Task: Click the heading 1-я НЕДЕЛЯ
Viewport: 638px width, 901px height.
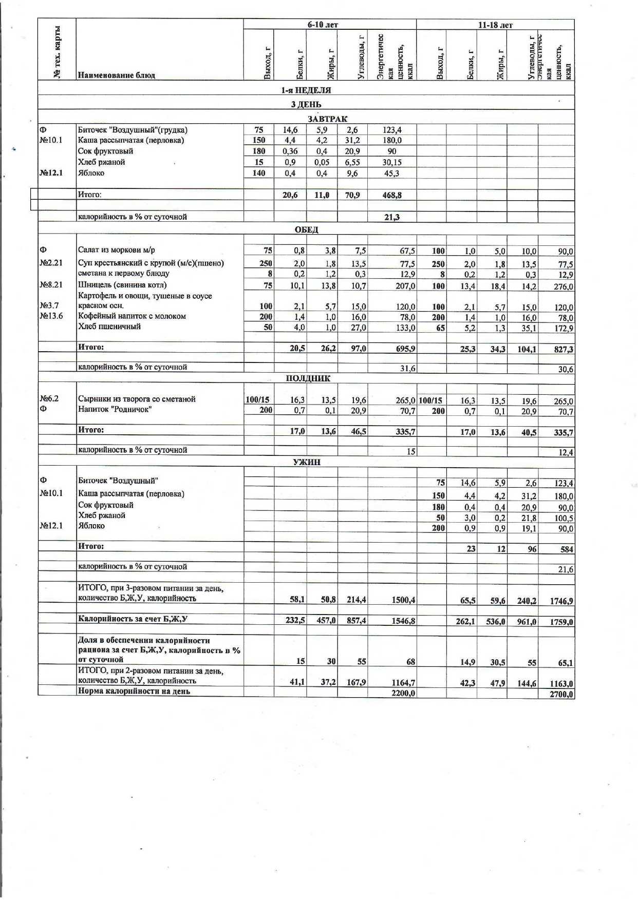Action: click(x=306, y=90)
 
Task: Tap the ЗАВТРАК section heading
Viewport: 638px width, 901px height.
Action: click(x=327, y=119)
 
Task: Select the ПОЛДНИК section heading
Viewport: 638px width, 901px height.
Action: click(x=308, y=378)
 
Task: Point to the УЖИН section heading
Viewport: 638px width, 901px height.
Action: click(x=307, y=462)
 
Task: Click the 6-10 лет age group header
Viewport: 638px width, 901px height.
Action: click(x=323, y=25)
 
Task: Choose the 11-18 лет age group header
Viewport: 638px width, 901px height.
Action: click(x=495, y=25)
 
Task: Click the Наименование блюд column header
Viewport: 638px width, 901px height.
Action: click(x=116, y=75)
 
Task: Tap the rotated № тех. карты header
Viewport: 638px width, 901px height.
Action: click(x=57, y=52)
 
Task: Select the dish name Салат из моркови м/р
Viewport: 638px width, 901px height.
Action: click(x=116, y=250)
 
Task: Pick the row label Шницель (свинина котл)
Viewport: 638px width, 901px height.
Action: click(x=122, y=285)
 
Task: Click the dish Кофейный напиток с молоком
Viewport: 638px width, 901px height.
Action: click(x=132, y=316)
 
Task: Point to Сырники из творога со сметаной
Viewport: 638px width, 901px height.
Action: click(x=137, y=399)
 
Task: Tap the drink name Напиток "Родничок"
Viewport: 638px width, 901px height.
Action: click(x=115, y=409)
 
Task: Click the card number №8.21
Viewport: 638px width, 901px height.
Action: click(x=51, y=285)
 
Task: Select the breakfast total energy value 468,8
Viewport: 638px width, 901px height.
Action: click(x=392, y=195)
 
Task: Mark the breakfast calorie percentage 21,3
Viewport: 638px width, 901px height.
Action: click(x=392, y=217)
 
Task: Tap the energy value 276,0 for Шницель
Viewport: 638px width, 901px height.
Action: click(x=563, y=287)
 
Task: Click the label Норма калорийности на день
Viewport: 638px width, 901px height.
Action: click(x=134, y=692)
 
